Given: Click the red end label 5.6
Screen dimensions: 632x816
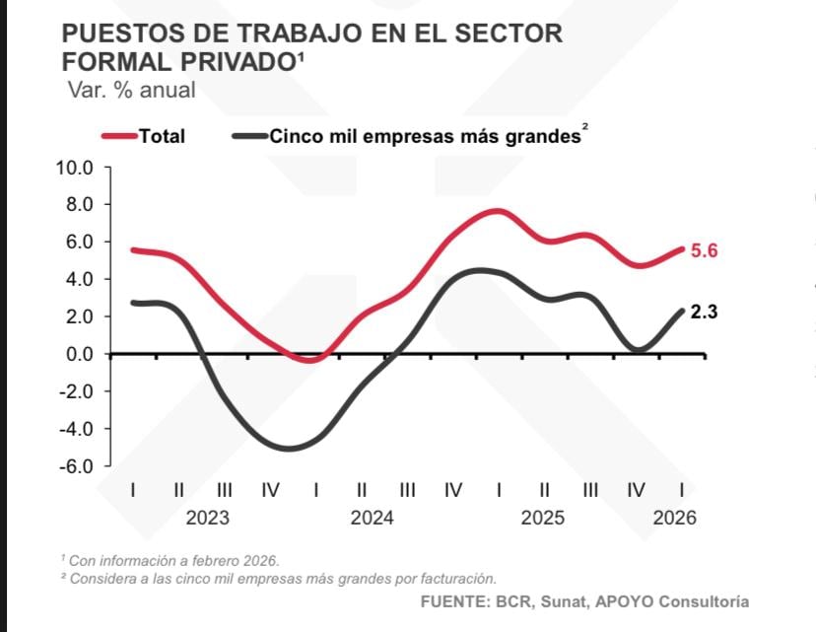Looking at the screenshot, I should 704,250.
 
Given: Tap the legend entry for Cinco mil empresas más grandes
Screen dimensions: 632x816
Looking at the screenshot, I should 424,137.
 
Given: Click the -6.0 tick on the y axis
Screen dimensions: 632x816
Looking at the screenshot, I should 76,466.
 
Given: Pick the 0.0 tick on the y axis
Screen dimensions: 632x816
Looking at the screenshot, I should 78,354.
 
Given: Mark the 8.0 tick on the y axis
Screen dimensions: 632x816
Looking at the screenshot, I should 78,205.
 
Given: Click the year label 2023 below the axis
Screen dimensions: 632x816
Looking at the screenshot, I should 207,519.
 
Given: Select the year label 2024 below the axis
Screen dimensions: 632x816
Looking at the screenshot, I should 372,519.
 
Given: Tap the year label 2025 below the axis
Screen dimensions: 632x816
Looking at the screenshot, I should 543,519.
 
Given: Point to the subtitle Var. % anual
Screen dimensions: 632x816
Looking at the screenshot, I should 131,90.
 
